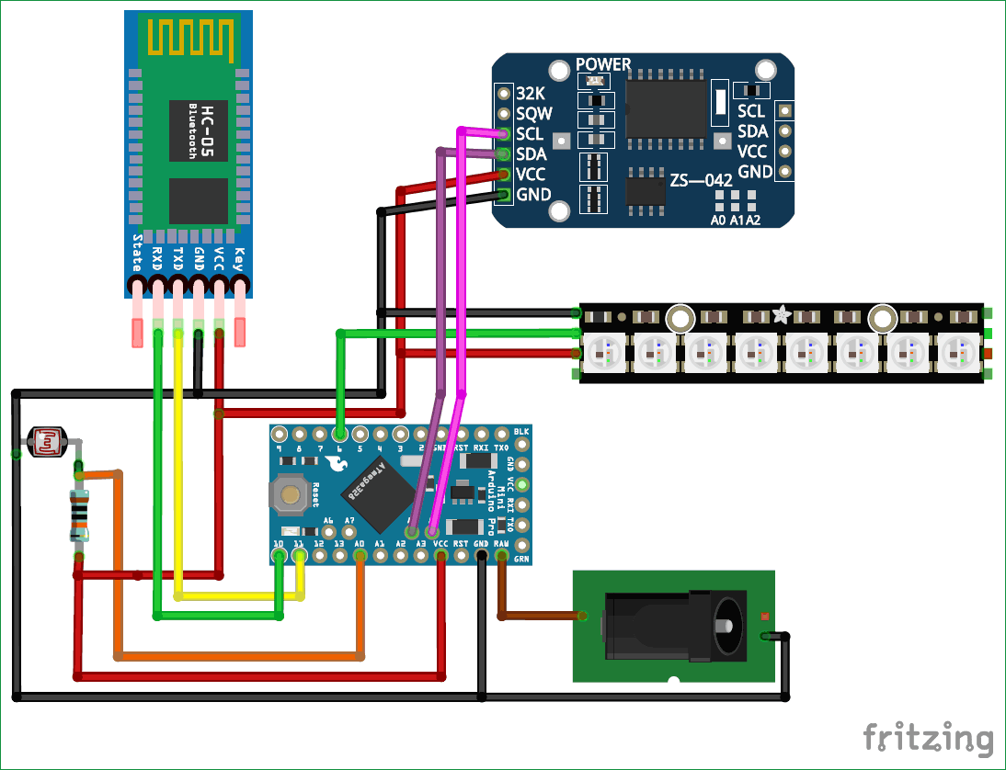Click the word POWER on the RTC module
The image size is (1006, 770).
click(x=603, y=64)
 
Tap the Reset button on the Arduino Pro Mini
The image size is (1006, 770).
click(x=291, y=496)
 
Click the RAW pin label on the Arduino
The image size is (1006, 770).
click(x=501, y=544)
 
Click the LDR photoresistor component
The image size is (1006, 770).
click(x=45, y=442)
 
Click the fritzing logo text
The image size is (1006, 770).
click(x=928, y=737)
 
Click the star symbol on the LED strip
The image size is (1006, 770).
click(x=781, y=315)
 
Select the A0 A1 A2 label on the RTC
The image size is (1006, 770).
click(x=736, y=221)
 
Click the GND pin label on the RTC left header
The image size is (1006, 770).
click(x=534, y=195)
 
